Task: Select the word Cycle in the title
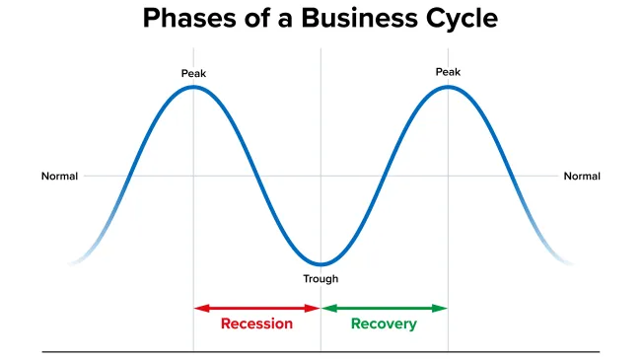(462, 19)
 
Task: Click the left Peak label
(193, 74)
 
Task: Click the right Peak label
(449, 72)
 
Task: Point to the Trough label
(320, 279)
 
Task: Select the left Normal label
(59, 177)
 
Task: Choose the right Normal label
(582, 177)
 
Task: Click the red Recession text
(256, 324)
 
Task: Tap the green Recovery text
(384, 324)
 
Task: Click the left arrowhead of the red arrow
(198, 308)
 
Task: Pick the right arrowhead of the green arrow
(443, 308)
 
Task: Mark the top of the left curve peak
(193, 87)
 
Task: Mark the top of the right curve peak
(449, 87)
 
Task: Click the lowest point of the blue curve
(320, 264)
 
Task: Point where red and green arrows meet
(320, 308)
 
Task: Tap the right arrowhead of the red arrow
(315, 308)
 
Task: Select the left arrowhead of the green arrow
(326, 308)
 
